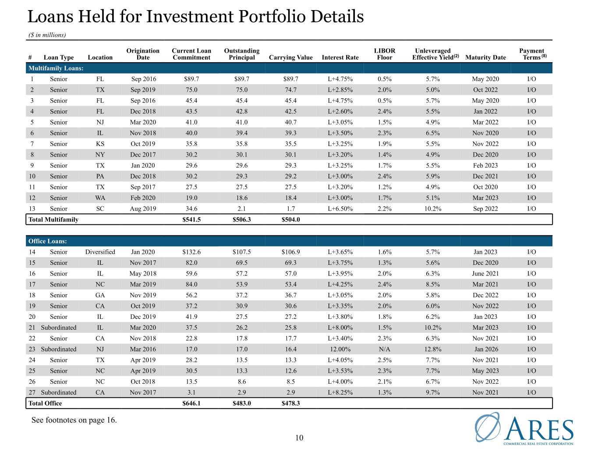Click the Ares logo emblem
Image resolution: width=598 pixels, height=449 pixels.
pyautogui.click(x=487, y=427)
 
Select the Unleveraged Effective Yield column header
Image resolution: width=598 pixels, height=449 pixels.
pyautogui.click(x=435, y=54)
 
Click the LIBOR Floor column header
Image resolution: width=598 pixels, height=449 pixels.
pyautogui.click(x=384, y=54)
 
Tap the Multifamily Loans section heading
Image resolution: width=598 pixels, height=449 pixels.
pyautogui.click(x=56, y=68)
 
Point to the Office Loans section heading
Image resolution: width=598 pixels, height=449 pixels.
pyautogui.click(x=47, y=241)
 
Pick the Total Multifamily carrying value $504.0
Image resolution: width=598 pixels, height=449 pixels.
pyautogui.click(x=290, y=219)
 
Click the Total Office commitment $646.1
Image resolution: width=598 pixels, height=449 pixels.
pyautogui.click(x=191, y=403)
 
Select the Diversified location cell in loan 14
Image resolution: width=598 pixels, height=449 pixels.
pyautogui.click(x=100, y=252)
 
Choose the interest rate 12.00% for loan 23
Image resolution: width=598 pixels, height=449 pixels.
pyautogui.click(x=340, y=349)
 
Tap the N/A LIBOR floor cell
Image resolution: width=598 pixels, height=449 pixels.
pyautogui.click(x=384, y=349)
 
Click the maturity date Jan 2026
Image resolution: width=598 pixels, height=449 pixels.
pyautogui.click(x=486, y=349)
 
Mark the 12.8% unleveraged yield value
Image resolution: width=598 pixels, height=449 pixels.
pyautogui.click(x=433, y=349)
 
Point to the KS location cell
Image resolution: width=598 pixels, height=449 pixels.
pyautogui.click(x=100, y=144)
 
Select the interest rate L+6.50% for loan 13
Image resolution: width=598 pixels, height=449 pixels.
pyautogui.click(x=340, y=209)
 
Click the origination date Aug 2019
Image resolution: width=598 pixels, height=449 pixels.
pyautogui.click(x=143, y=209)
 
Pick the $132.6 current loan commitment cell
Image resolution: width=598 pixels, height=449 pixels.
pyautogui.click(x=191, y=252)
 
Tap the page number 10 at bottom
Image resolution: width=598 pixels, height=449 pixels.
pyautogui.click(x=299, y=438)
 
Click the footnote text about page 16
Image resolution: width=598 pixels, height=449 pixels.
pyautogui.click(x=74, y=420)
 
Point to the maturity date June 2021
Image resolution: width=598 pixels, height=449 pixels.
pyautogui.click(x=485, y=274)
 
